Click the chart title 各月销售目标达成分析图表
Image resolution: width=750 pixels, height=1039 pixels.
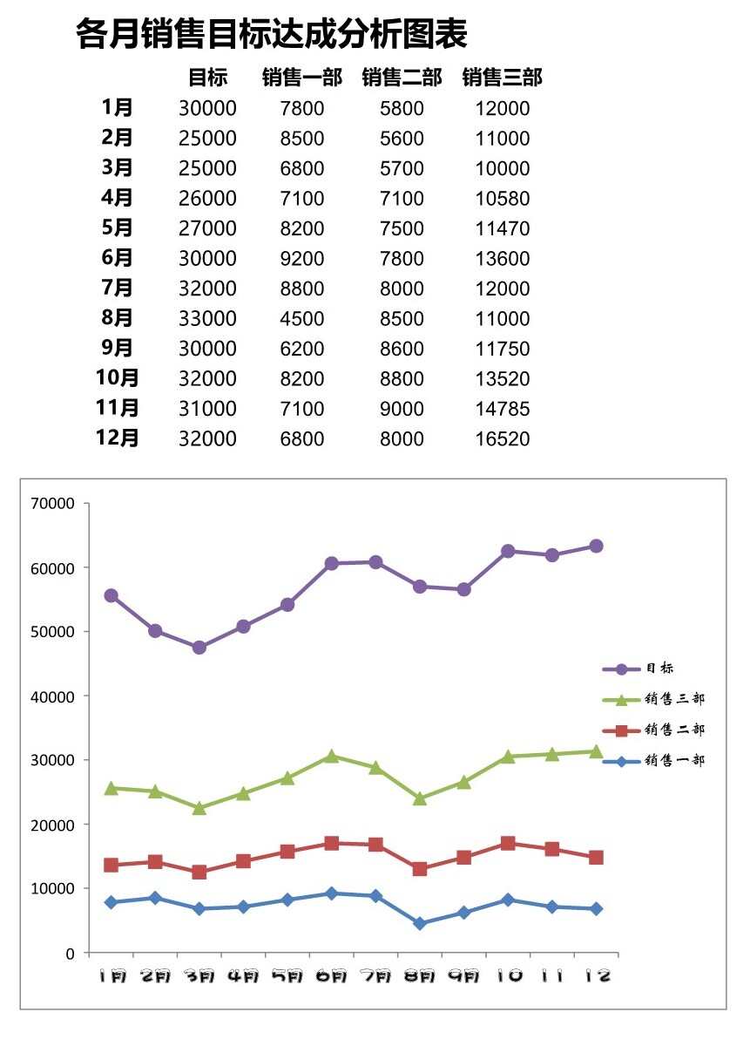coord(272,36)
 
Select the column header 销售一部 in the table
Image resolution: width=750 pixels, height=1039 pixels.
coord(302,78)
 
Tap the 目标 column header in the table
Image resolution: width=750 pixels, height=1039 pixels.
coord(207,78)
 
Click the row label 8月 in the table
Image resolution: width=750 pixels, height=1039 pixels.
coord(118,317)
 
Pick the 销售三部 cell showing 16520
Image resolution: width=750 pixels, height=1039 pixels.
coord(503,439)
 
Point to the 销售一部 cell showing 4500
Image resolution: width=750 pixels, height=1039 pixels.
coord(302,319)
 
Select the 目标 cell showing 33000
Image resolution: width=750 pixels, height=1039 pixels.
coord(207,319)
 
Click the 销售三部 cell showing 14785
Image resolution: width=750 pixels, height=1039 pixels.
coord(503,409)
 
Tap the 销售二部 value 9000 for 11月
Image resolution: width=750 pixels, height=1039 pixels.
coord(402,409)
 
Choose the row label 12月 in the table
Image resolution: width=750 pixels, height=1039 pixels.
coord(118,438)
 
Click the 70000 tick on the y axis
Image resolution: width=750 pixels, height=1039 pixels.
coord(53,503)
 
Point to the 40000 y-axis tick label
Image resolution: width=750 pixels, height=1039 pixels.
coord(53,696)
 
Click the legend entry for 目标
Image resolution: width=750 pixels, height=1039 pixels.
coord(659,669)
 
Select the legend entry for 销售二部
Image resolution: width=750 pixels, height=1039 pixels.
coord(674,730)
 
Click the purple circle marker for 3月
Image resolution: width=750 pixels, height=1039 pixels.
coord(199,648)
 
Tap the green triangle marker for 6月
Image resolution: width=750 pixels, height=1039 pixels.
coord(332,756)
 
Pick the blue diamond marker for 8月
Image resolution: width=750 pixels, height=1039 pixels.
coord(420,923)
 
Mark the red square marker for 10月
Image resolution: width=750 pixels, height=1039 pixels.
coord(508,843)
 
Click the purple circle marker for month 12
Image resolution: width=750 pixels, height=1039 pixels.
coord(597,546)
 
